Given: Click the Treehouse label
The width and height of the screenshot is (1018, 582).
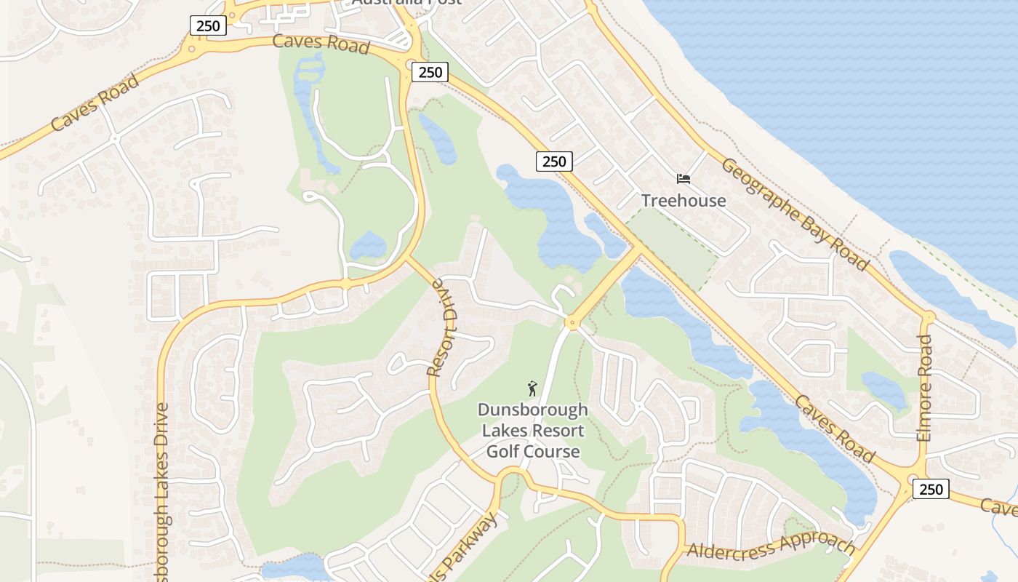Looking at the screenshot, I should tap(683, 201).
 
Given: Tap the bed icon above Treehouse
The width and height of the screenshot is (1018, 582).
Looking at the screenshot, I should tap(683, 178).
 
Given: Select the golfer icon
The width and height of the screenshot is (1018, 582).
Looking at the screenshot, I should tap(532, 388).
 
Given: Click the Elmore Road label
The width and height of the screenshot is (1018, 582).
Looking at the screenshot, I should tap(924, 388).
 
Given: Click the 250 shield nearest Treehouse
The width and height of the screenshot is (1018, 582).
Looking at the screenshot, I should tap(554, 162).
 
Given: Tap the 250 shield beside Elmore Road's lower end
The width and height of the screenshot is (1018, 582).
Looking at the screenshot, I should tap(931, 489).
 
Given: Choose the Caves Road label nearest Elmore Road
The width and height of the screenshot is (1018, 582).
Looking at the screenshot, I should tap(834, 429).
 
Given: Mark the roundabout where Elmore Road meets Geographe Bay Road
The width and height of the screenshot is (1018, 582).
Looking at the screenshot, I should tap(928, 317).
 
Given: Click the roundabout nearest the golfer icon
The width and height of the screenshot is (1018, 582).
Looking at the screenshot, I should tap(572, 322).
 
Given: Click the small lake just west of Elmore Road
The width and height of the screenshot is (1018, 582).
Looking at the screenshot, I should tap(884, 389).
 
